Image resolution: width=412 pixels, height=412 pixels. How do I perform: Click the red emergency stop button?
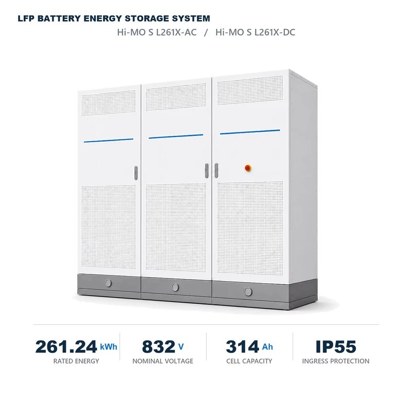[248, 168]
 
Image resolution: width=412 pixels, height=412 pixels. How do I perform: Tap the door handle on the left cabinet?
[136, 173]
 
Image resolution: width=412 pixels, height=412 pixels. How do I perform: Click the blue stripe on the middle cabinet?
[176, 136]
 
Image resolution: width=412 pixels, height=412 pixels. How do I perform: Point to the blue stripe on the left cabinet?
[109, 140]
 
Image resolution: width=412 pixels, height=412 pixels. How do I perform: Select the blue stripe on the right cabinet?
[250, 132]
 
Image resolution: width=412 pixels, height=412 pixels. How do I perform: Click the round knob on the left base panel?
[108, 283]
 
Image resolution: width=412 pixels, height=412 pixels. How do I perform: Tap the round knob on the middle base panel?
[175, 287]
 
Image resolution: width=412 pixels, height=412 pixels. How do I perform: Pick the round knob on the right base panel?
[248, 291]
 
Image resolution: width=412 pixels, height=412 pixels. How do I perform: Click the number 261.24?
[66, 347]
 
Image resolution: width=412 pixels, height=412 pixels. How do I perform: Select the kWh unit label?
[109, 347]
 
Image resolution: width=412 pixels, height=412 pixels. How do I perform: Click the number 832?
[159, 347]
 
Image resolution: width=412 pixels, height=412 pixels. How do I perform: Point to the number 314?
[242, 347]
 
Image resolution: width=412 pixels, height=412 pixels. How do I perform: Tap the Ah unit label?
[267, 347]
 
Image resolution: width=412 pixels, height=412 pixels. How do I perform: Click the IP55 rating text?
[336, 347]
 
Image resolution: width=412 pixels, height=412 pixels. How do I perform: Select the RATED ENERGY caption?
[76, 361]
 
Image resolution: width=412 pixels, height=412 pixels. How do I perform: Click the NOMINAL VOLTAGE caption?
[163, 361]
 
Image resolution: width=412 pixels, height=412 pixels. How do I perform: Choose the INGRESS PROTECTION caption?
[336, 361]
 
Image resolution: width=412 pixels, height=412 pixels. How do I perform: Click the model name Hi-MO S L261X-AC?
[157, 32]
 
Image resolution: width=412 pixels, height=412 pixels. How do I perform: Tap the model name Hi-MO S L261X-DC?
[255, 32]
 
